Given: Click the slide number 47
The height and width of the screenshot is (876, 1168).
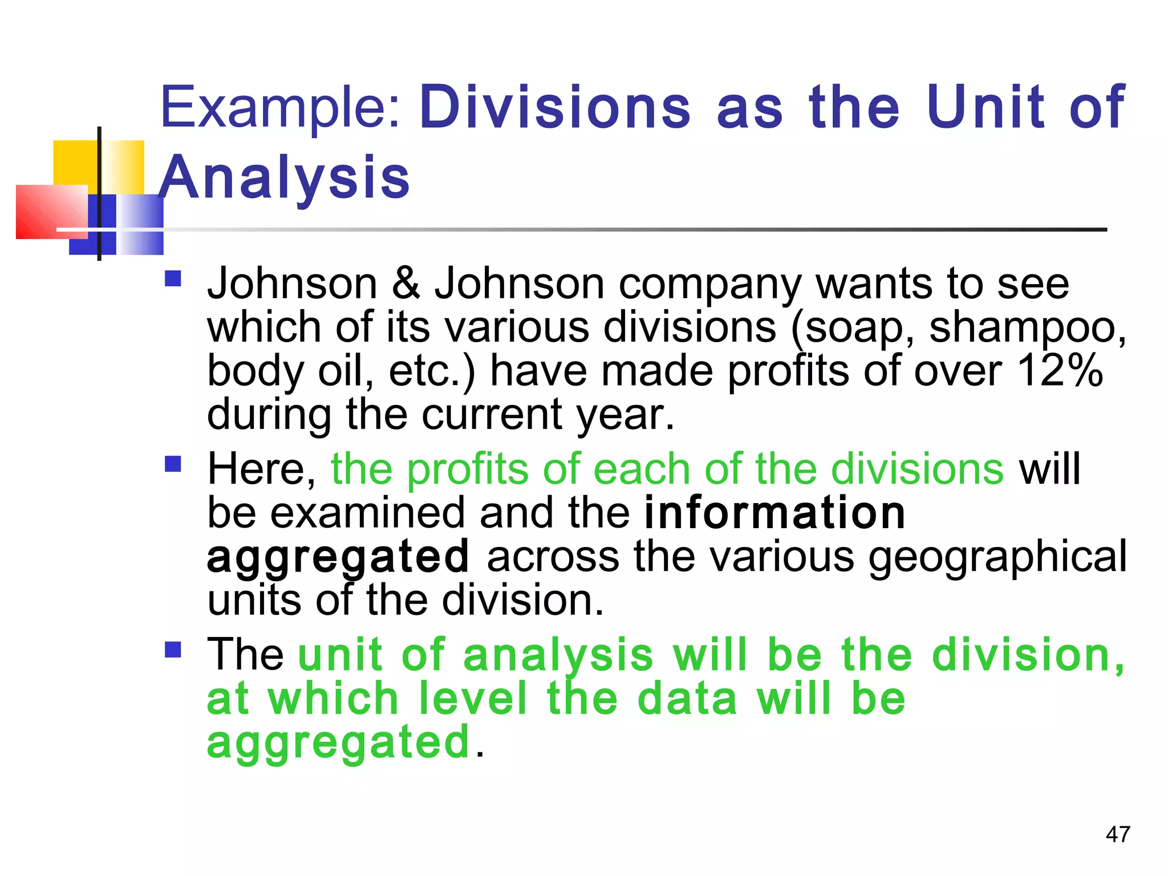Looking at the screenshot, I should click(x=1117, y=834).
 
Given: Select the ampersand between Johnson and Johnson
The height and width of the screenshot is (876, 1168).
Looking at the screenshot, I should click(x=405, y=283).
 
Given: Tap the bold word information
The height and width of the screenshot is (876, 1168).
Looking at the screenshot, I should click(x=774, y=513).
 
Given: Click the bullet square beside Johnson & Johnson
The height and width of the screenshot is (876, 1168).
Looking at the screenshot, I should click(x=173, y=278).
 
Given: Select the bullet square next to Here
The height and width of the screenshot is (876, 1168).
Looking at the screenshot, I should click(x=173, y=464).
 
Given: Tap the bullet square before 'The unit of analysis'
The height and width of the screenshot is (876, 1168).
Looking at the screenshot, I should click(x=173, y=650).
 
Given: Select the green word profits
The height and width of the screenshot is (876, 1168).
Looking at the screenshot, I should click(x=468, y=470).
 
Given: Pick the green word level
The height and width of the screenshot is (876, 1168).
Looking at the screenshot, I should click(x=473, y=699).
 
